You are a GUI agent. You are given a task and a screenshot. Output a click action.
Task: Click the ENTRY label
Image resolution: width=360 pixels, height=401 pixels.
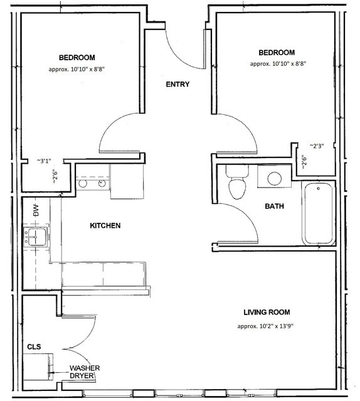(177, 85)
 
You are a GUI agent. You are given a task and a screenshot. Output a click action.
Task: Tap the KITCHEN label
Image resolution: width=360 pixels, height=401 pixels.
(105, 226)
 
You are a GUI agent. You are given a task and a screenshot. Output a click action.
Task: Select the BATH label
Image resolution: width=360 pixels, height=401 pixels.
(275, 206)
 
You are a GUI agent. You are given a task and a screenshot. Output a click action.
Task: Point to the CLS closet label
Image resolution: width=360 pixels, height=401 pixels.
(34, 346)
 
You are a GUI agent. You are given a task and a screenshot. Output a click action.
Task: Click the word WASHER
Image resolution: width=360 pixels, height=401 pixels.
(84, 368)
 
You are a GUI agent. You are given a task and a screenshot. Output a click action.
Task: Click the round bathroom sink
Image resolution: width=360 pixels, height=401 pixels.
(275, 178)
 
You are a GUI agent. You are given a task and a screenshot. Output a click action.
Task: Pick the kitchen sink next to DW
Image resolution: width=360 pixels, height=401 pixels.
(35, 237)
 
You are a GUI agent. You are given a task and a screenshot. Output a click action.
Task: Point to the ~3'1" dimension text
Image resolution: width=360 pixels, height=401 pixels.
(44, 161)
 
